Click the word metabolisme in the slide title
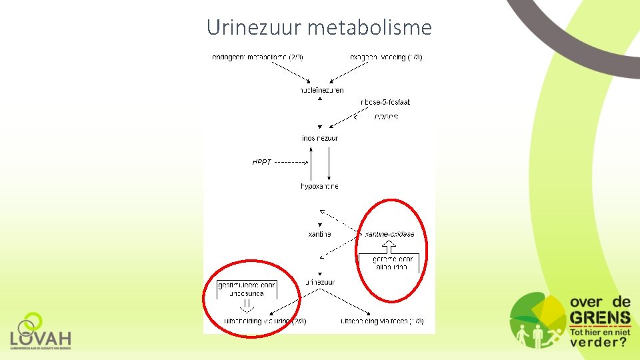370,27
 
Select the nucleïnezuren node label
321,90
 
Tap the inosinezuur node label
320,138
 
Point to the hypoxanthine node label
319,187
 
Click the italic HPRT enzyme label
262,162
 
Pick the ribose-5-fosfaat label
385,102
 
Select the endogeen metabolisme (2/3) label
257,57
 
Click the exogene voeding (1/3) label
386,57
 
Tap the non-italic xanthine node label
319,235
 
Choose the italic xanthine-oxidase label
389,235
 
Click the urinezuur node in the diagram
320,282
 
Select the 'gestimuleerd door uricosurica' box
247,289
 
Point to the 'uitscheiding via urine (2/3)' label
265,321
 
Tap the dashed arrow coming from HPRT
291,162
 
